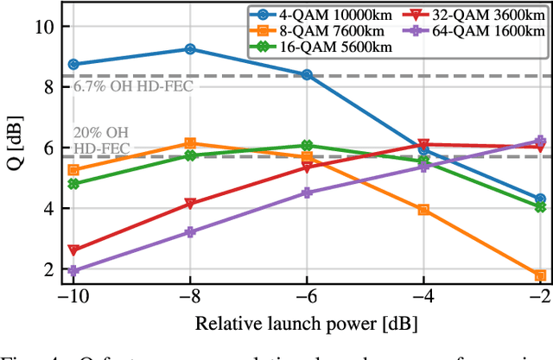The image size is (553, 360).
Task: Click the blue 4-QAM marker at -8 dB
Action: (190, 49)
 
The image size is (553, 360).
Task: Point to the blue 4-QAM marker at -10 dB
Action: (73, 64)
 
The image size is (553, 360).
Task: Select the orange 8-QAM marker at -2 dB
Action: (540, 275)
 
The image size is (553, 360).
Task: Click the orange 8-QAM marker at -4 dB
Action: (423, 210)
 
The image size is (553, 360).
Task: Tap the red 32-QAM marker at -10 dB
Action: (73, 250)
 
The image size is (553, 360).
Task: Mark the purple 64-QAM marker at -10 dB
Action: (73, 270)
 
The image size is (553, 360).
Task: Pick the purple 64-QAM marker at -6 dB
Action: (307, 193)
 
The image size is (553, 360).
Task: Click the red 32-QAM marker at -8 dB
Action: (190, 205)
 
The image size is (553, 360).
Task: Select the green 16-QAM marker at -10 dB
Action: (73, 184)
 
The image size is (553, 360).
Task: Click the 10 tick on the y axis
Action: (42, 26)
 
